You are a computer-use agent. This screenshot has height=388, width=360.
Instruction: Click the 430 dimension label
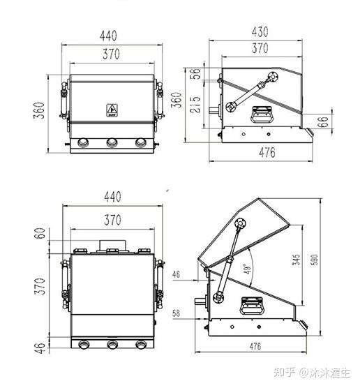pos(260,32)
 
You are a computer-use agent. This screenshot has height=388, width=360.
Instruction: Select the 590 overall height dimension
pos(314,260)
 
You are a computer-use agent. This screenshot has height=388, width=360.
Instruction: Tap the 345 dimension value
pos(297,260)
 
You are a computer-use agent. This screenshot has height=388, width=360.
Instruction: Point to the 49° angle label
pos(248,269)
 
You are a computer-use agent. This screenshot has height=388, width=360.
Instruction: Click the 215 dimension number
pos(195,105)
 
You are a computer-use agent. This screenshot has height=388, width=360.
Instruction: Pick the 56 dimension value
pos(195,73)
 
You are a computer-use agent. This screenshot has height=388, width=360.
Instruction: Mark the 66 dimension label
pos(322,121)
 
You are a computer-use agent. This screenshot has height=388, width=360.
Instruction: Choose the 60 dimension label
pos(40,233)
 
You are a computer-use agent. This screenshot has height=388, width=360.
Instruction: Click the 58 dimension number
pos(176,313)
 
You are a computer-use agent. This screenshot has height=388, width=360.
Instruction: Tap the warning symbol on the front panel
pos(112,110)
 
